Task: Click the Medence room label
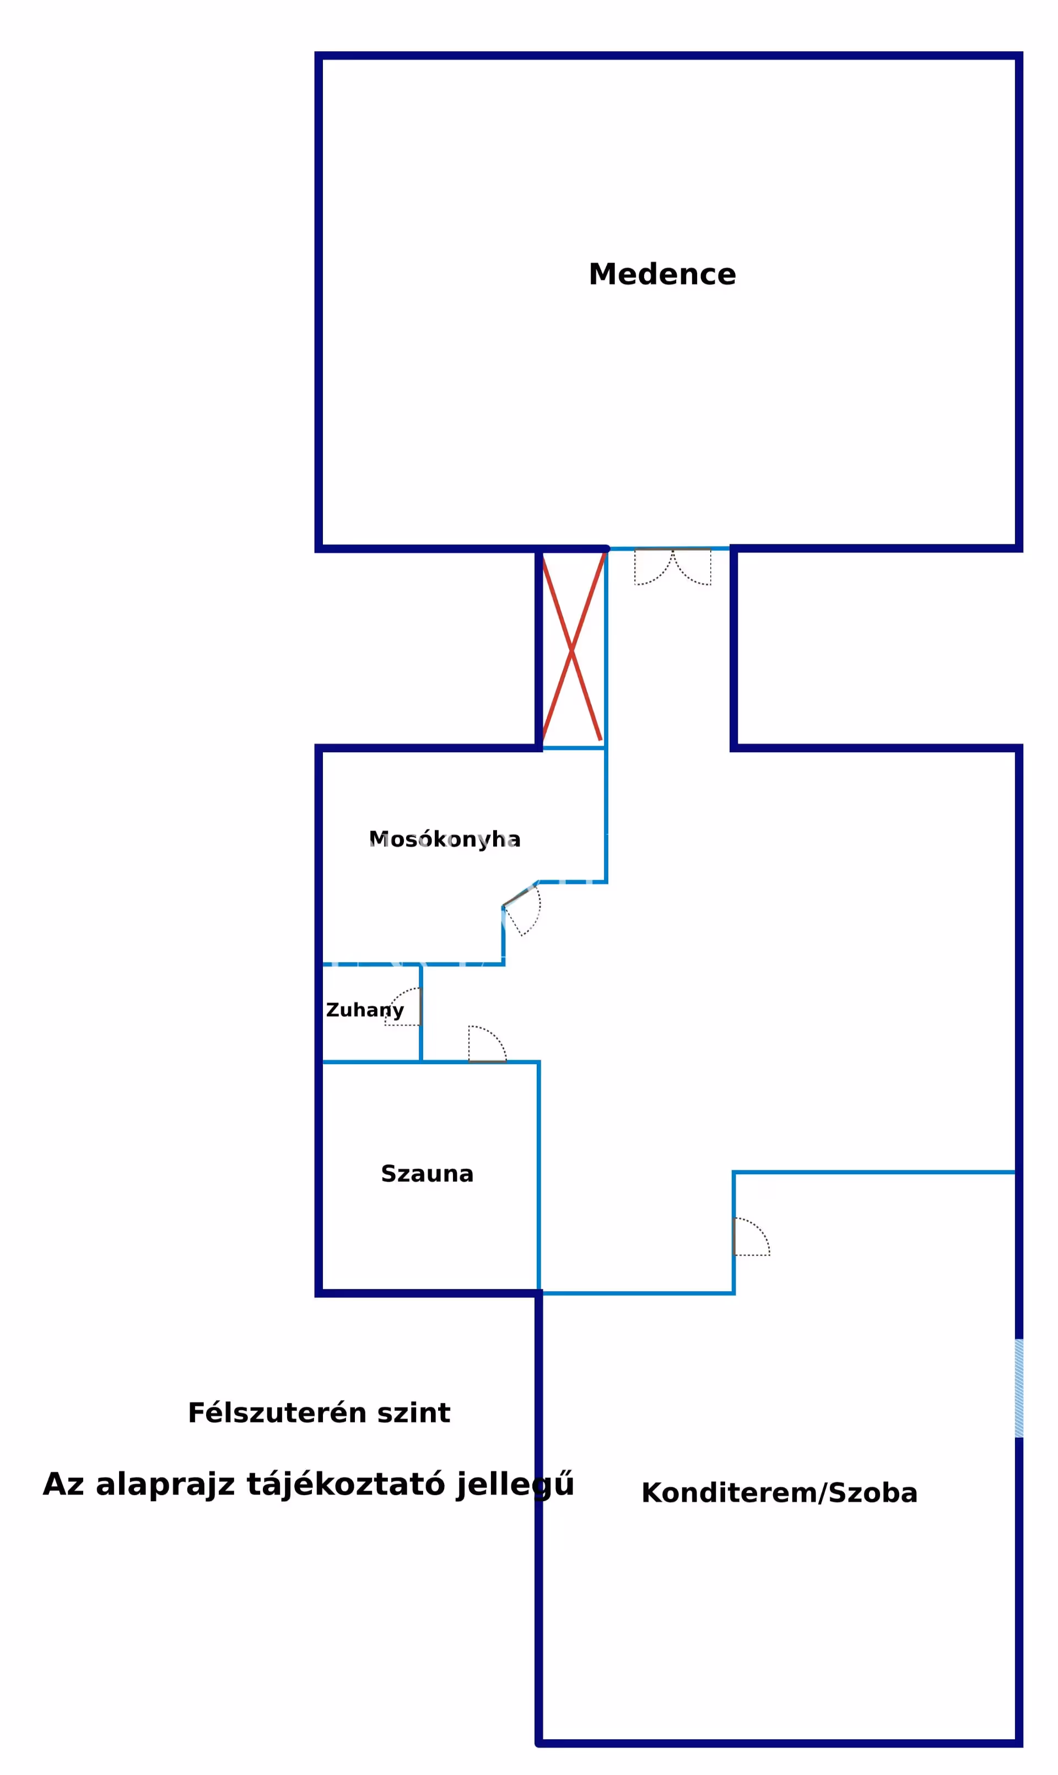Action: point(662,274)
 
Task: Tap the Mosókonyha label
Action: point(444,840)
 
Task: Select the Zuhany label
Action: point(364,1010)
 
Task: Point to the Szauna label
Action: point(427,1174)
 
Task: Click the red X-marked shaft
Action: point(573,649)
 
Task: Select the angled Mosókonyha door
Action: point(523,909)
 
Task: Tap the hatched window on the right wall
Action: point(1019,1388)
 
